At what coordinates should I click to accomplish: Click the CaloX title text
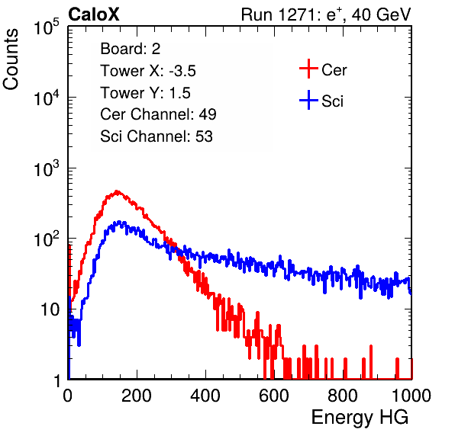coord(94,14)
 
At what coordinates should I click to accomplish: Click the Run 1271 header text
coord(326,14)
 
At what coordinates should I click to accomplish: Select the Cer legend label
coord(334,70)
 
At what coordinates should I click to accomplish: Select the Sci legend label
coord(332,101)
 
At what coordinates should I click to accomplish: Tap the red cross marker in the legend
coord(308,69)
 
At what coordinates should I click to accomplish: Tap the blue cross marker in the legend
coord(308,100)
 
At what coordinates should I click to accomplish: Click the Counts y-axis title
coord(11,59)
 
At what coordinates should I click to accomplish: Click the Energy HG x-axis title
coord(360,417)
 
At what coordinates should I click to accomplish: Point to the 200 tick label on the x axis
coord(137,396)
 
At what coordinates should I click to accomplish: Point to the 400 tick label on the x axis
coord(205,396)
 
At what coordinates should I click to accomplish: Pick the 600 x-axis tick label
coord(274,396)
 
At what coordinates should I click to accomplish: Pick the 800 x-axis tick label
coord(343,396)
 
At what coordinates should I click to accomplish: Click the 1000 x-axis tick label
coord(411,396)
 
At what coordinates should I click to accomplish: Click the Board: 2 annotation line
coord(131,49)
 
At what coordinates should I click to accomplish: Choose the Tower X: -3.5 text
coord(148,71)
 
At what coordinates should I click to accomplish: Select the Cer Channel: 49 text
coord(158,114)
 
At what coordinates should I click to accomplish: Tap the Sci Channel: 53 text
coord(157,136)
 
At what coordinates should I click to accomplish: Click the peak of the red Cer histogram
coord(117,191)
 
